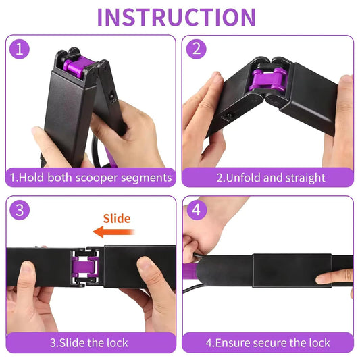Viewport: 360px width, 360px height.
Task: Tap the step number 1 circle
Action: [20, 50]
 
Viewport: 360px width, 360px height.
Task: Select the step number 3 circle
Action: [20, 210]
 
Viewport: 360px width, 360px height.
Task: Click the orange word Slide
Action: [116, 218]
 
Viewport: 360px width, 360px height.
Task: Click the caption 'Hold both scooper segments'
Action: [91, 178]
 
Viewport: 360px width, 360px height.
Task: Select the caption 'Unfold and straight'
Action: [270, 178]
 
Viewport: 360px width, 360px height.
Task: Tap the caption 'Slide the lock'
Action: [91, 342]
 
